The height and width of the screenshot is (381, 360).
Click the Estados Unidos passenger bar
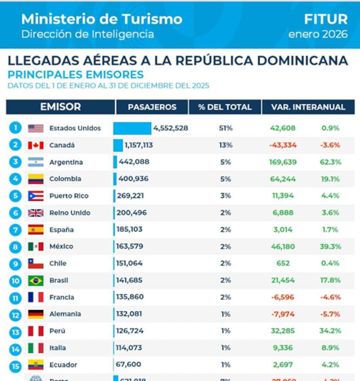pyautogui.click(x=132, y=128)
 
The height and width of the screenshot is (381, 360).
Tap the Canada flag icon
pyautogui.click(x=36, y=145)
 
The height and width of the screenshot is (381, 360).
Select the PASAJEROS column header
pyautogui.click(x=152, y=107)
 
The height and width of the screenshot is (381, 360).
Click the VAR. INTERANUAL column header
pyautogui.click(x=308, y=107)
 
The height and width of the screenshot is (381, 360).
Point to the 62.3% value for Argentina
pyautogui.click(x=331, y=162)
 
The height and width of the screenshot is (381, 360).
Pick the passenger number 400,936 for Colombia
pyautogui.click(x=133, y=179)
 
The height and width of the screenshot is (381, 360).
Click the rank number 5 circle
pyautogui.click(x=15, y=196)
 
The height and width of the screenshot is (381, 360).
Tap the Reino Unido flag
pyautogui.click(x=36, y=213)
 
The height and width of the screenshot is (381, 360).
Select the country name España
pyautogui.click(x=61, y=230)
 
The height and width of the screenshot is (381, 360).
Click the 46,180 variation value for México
pyautogui.click(x=283, y=247)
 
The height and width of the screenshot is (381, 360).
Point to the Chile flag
pyautogui.click(x=36, y=263)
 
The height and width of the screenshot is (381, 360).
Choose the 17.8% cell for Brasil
pyautogui.click(x=331, y=281)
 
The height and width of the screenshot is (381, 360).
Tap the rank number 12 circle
pyautogui.click(x=15, y=314)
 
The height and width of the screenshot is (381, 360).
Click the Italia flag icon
pyautogui.click(x=36, y=348)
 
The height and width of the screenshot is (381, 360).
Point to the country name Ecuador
pyautogui.click(x=63, y=365)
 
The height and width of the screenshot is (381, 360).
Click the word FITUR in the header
pyautogui.click(x=325, y=19)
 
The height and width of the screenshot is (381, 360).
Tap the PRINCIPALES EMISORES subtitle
pyautogui.click(x=76, y=75)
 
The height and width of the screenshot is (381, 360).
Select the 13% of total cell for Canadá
pyautogui.click(x=226, y=145)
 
